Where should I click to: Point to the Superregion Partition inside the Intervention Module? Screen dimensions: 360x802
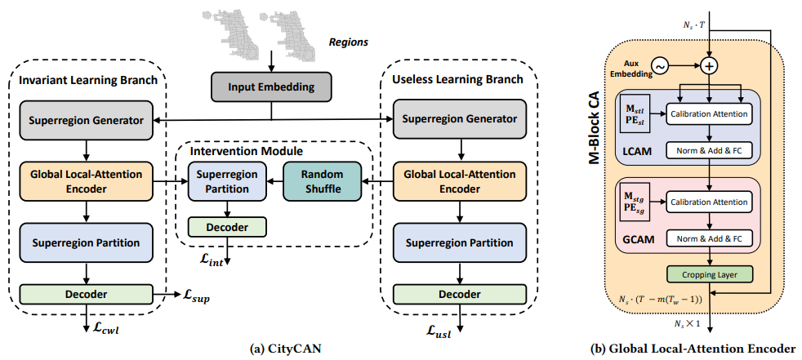click(x=228, y=181)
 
